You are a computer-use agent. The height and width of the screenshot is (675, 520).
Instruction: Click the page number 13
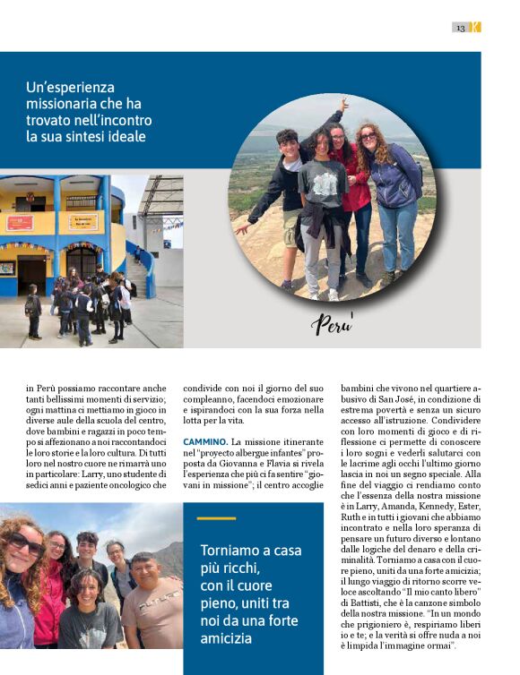(460, 28)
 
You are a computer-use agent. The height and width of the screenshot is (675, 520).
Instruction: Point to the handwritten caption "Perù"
(332, 323)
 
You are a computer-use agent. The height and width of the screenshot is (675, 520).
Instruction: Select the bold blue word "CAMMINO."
(205, 442)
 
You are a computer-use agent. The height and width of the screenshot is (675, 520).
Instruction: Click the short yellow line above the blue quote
(215, 518)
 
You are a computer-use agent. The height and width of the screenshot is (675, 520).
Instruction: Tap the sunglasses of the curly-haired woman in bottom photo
(25, 543)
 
